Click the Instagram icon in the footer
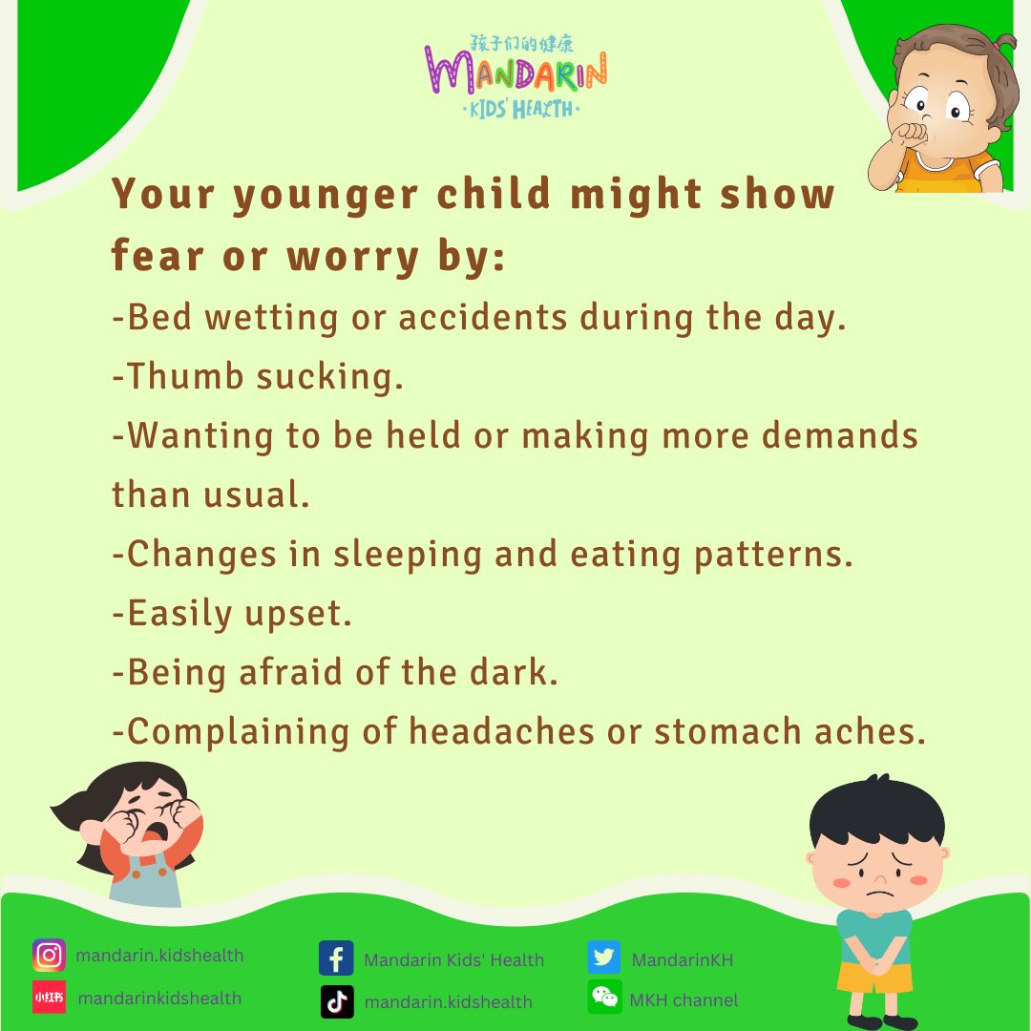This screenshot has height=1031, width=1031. click(x=49, y=956)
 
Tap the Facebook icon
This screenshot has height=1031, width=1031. click(x=336, y=958)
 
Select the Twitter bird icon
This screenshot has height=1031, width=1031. click(x=604, y=958)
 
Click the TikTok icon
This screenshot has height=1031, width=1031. click(x=336, y=1001)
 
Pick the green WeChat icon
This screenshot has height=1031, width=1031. click(x=604, y=998)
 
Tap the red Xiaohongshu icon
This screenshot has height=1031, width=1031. click(x=49, y=998)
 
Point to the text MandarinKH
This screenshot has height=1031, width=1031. click(x=683, y=959)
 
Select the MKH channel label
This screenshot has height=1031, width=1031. click(x=684, y=1000)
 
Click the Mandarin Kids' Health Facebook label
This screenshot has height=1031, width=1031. click(x=453, y=959)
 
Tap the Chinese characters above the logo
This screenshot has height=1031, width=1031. click(x=522, y=44)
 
